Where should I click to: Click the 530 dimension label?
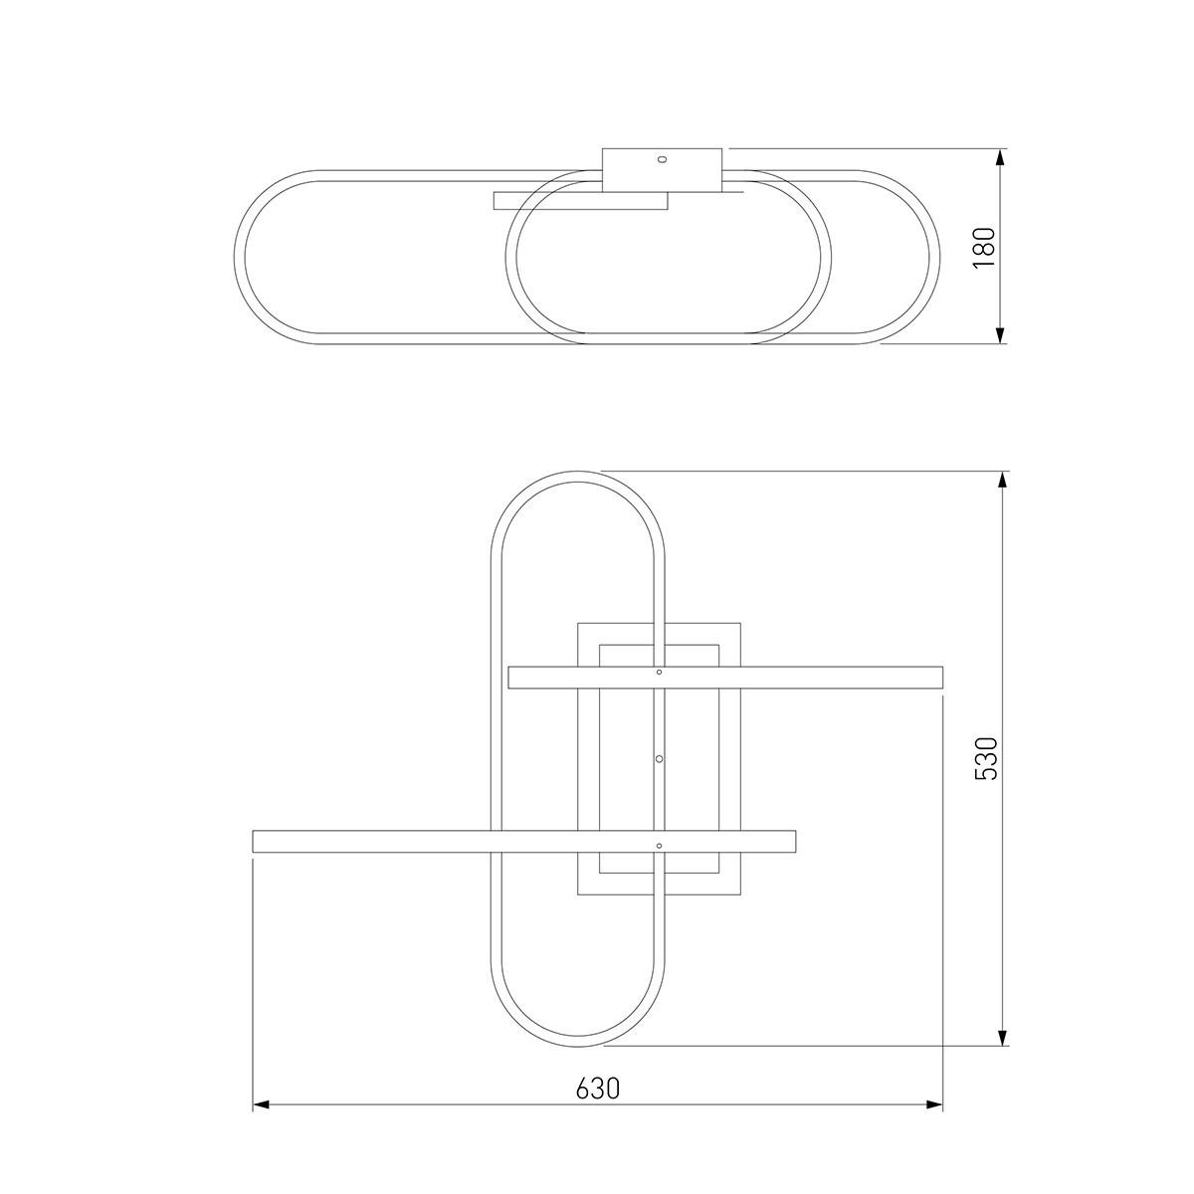point(985,758)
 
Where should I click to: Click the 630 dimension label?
point(598,1089)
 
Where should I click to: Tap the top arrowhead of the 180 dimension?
point(999,157)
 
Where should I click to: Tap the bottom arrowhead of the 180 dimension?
point(999,334)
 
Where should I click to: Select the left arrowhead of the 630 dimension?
point(262,1104)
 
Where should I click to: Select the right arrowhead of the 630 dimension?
point(933,1104)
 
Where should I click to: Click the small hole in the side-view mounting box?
point(663,160)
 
